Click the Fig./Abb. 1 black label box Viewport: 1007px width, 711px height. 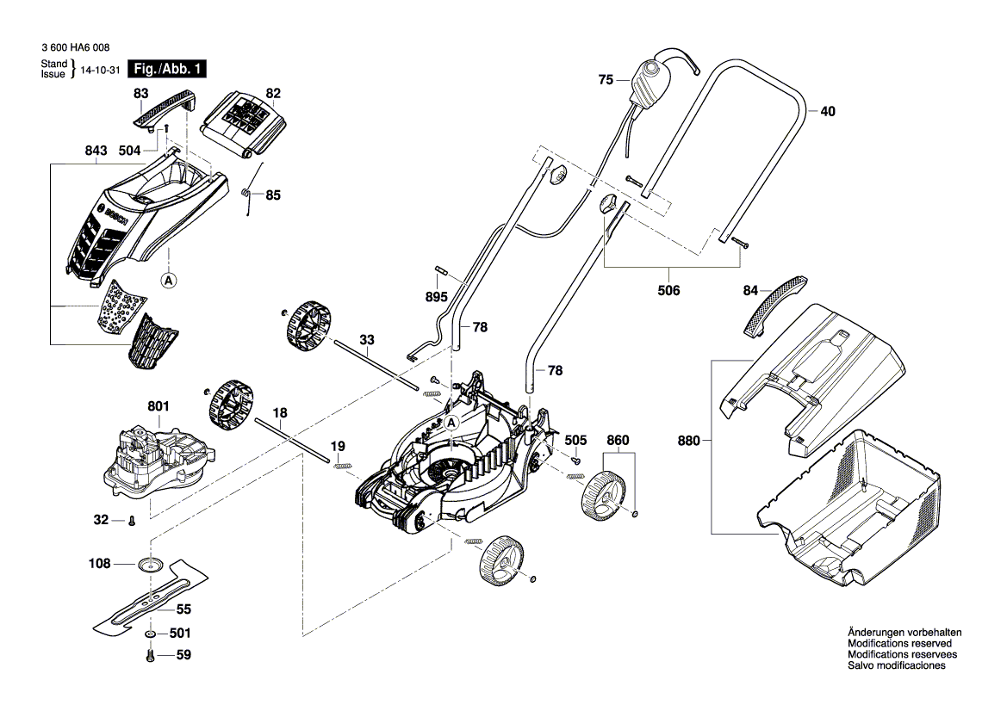point(167,70)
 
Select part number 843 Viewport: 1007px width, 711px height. point(96,151)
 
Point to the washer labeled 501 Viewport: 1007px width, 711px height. point(151,634)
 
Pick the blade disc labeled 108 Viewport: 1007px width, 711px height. point(151,565)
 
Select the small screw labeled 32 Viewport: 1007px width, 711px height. point(130,520)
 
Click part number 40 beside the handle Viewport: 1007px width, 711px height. point(827,111)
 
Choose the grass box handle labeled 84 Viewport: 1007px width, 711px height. point(774,303)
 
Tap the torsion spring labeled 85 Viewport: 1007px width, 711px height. point(248,198)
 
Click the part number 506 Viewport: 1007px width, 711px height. point(668,290)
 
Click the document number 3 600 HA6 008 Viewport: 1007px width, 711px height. point(75,51)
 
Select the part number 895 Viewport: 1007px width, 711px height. point(437,297)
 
